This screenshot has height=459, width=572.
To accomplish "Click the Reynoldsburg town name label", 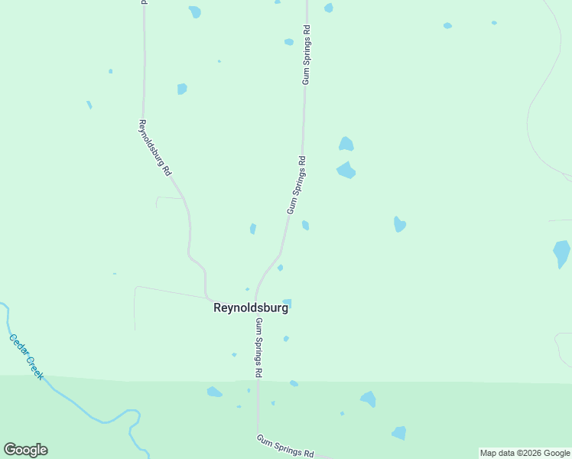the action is [x=250, y=308].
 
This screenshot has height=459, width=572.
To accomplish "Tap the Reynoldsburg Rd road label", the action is [x=154, y=148].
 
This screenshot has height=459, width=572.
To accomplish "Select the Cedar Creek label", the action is [x=27, y=356].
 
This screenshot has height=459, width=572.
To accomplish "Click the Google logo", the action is [x=25, y=450].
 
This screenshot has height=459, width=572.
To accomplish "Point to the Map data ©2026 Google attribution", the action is [x=525, y=453].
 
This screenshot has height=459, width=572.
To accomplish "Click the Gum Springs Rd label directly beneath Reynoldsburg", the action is [x=259, y=347].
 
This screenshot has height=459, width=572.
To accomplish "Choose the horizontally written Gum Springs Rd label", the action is [x=284, y=444].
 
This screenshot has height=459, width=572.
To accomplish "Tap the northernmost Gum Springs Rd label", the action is [x=307, y=54].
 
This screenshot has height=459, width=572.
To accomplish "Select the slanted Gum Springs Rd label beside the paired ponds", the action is [x=296, y=185].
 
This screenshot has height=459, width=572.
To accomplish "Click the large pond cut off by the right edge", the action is [x=562, y=253].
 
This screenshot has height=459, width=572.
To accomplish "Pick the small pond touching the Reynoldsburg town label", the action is [x=288, y=303].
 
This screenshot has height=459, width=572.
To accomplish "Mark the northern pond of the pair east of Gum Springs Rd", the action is [x=346, y=144].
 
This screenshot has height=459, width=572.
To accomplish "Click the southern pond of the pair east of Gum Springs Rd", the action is [x=346, y=170].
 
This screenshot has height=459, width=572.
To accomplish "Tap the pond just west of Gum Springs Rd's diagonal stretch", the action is [x=253, y=229].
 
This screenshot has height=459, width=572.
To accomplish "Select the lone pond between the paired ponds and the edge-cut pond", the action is [x=399, y=224].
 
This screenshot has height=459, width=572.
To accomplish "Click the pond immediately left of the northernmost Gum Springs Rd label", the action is [x=289, y=42].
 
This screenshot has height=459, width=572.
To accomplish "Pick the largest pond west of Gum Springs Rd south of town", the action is [x=214, y=392].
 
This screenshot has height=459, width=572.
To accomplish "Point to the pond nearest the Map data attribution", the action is [x=398, y=433].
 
